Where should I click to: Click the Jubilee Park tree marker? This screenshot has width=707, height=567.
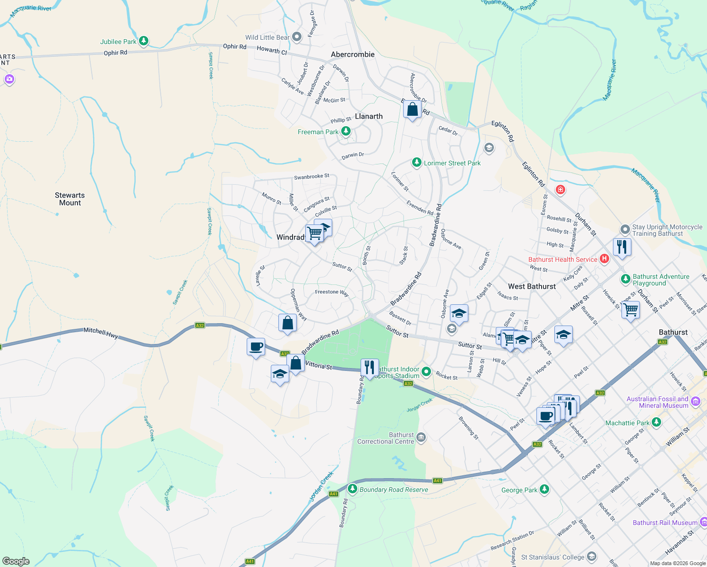pyautogui.click(x=144, y=42)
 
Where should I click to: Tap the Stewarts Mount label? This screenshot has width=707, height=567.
pyautogui.click(x=70, y=199)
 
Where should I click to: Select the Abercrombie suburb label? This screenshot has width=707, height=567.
pyautogui.click(x=353, y=54)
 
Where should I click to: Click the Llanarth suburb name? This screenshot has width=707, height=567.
pyautogui.click(x=369, y=116)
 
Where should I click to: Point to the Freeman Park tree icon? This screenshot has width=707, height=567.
pyautogui.click(x=346, y=131)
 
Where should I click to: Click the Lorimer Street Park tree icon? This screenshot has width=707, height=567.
pyautogui.click(x=416, y=163)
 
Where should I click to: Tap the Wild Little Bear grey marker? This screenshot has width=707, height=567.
pyautogui.click(x=297, y=37)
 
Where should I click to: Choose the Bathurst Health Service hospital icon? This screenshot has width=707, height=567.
pyautogui.click(x=604, y=259)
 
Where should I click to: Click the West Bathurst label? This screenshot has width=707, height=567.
pyautogui.click(x=532, y=286)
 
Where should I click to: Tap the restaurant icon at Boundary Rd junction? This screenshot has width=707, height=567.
pyautogui.click(x=369, y=368)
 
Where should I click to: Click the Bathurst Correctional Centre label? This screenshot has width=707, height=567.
pyautogui.click(x=386, y=438)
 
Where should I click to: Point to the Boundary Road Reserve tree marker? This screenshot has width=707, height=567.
pyautogui.click(x=352, y=489)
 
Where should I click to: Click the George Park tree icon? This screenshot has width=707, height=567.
pyautogui.click(x=544, y=489)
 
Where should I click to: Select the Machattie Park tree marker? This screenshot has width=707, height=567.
pyautogui.click(x=656, y=422)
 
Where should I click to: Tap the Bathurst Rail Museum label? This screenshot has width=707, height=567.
pyautogui.click(x=665, y=523)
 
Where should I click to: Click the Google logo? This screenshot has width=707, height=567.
pyautogui.click(x=16, y=561)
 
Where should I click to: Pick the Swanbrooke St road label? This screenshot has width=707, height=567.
pyautogui.click(x=311, y=177)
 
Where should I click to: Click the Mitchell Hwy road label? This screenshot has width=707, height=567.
pyautogui.click(x=101, y=331)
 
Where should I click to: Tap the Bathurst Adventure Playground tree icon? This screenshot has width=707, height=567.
pyautogui.click(x=625, y=279)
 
